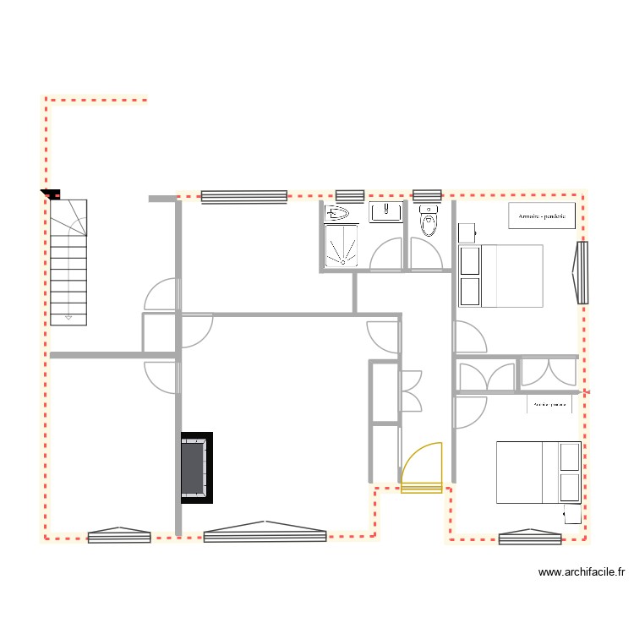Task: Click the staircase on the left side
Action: (x=68, y=262)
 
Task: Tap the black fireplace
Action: (x=195, y=468)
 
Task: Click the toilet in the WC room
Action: (x=429, y=222)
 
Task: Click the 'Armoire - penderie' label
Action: (x=541, y=216)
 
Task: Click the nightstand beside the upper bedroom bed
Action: (x=467, y=231)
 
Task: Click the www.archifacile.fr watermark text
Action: (x=581, y=572)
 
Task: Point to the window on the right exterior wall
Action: (x=581, y=273)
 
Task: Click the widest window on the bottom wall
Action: (x=265, y=534)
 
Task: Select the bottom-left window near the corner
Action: (x=119, y=535)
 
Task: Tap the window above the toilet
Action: (x=427, y=195)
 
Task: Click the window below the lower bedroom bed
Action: (x=530, y=538)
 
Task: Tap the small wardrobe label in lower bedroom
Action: (x=549, y=405)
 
